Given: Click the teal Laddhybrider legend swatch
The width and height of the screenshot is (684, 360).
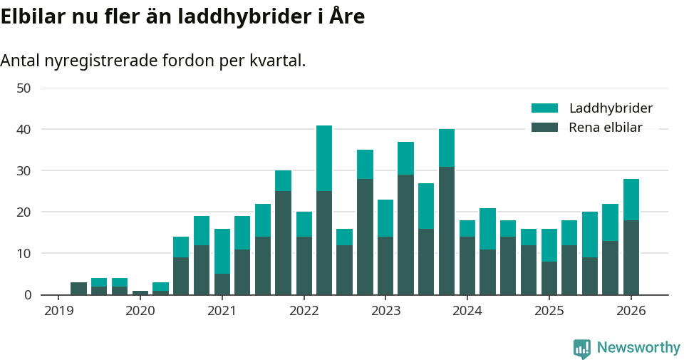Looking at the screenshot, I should pos(544,108).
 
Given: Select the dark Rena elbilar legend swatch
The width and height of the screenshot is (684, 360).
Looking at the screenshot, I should pos(544,128).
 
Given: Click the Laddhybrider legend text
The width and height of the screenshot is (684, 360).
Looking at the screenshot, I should pos(611,108).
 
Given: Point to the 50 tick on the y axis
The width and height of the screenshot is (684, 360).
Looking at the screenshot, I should pos(24,88).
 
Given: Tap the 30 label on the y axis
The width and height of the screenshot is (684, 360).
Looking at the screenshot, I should pos(24,171).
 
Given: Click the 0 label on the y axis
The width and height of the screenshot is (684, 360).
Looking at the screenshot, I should pos(27,295).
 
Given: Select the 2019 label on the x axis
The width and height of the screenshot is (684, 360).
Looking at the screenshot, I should pos(58,311).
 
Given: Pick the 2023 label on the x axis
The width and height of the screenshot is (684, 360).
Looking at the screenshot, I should pos(385,311).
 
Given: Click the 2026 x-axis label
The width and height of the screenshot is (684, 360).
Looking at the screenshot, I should pos(631,311).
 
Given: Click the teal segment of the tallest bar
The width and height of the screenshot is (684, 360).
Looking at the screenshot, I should pos(324,158).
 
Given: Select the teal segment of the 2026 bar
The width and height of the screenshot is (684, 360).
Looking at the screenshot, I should pos(631,200).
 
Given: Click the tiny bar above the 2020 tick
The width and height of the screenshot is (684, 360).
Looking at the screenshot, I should pos(140,292).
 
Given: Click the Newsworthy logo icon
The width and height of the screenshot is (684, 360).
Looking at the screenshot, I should pos(581,348).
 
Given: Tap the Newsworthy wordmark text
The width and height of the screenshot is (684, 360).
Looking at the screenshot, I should pos(638,348).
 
